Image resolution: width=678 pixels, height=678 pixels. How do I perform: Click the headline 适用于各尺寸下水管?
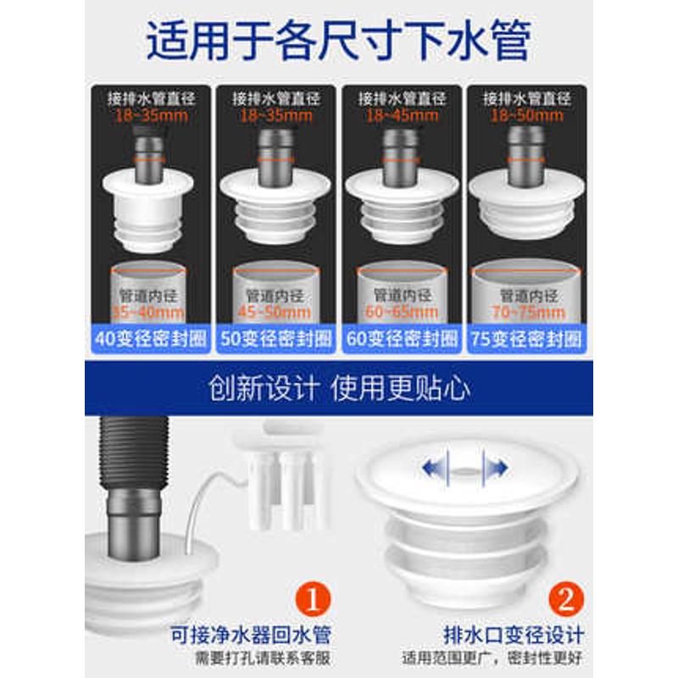(338, 40)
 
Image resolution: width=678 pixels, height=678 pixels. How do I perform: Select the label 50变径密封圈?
(275, 339)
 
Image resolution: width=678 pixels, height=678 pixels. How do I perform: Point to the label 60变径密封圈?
(401, 339)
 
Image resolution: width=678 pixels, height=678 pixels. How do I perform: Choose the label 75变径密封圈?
(526, 339)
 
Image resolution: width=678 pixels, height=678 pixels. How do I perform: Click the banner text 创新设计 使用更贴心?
(338, 389)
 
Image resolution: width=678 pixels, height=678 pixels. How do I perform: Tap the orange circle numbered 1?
(314, 598)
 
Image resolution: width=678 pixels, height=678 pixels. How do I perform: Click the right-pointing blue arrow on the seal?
(494, 467)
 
